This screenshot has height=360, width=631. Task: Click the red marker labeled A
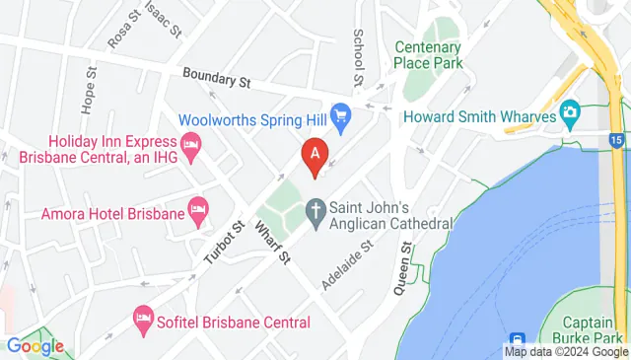click(x=315, y=156)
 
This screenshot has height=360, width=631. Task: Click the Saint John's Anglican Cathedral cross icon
click(x=315, y=210)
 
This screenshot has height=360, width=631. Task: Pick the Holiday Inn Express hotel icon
click(x=192, y=146)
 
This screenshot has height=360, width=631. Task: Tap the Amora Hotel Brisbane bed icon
click(x=198, y=210)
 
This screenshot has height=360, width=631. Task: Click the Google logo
click(x=35, y=346)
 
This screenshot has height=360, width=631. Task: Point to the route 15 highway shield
click(x=616, y=141)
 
